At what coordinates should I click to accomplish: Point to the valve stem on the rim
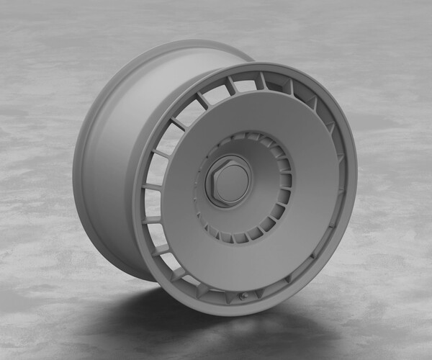(x=243, y=296)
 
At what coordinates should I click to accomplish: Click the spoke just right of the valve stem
(x=260, y=288)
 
